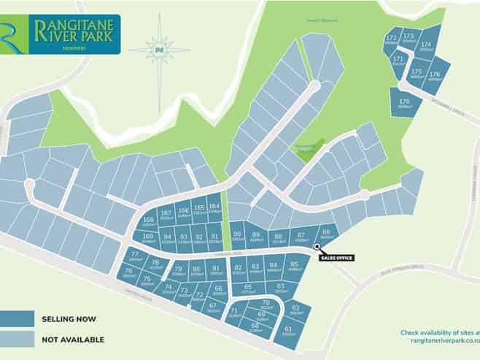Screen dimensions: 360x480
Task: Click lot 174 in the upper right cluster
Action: tap(426, 46)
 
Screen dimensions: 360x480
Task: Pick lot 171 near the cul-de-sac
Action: tap(398, 61)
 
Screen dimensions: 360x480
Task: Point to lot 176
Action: tap(436, 76)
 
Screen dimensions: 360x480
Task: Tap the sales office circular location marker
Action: tap(317, 247)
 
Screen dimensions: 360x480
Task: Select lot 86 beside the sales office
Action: tap(326, 234)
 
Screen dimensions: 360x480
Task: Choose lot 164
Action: tap(214, 208)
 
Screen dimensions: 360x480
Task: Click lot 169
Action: tap(148, 237)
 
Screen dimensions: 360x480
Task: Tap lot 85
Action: tap(293, 267)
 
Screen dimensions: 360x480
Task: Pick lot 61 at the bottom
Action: tap(288, 331)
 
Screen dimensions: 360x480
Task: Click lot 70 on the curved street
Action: tap(266, 305)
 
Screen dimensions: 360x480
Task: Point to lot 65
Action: tap(248, 288)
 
